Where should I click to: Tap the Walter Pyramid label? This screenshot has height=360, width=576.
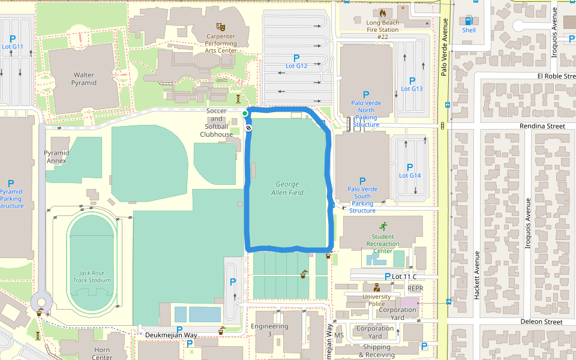84,79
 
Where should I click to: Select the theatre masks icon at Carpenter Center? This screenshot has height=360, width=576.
220,27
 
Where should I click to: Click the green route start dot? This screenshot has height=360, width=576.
245,113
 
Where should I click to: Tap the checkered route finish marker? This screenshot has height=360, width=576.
248,127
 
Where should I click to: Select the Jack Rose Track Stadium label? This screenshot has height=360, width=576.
92,276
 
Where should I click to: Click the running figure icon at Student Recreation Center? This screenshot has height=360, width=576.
383,226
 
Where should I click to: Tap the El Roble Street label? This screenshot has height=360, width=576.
556,76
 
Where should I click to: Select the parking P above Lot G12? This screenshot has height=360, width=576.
296,58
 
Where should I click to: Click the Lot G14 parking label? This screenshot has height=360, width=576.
410,175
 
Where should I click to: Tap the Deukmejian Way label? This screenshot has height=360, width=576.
171,335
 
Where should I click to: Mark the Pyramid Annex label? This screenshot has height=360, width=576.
56,157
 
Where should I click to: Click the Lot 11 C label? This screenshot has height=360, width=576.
404,276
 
